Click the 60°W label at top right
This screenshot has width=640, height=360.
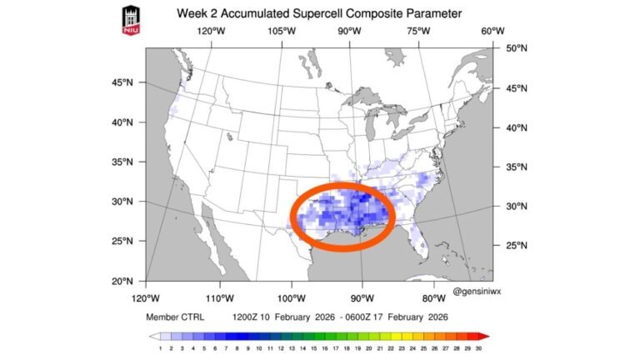point(492,32)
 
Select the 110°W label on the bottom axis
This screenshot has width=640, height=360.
point(218,297)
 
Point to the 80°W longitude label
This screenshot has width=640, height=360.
point(433,297)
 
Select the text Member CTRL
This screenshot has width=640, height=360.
point(174,317)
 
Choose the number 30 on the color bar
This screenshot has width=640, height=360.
point(478,347)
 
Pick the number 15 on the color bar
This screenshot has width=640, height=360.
point(313,347)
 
